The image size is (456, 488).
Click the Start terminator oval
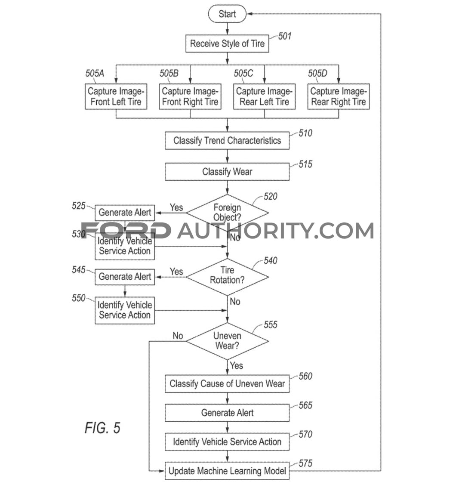227,14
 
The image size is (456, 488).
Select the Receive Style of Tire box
227,43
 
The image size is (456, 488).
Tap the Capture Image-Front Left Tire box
116,96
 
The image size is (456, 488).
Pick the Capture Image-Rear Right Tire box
338,96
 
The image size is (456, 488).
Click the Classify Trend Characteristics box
227,140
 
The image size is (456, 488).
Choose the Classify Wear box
227,172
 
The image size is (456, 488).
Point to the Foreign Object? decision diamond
227,212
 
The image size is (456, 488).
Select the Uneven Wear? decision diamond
227,341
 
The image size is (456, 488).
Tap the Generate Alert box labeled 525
125,212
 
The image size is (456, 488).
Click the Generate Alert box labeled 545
125,277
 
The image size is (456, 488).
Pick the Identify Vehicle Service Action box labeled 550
125,310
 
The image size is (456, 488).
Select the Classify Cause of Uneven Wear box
227,383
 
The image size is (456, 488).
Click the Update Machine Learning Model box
227,471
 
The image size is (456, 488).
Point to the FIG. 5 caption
102,428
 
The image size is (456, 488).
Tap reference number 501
284,36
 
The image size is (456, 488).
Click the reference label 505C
243,74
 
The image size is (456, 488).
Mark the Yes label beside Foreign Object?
176,207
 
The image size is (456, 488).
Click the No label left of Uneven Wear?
178,336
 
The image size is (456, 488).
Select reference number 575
305,463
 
